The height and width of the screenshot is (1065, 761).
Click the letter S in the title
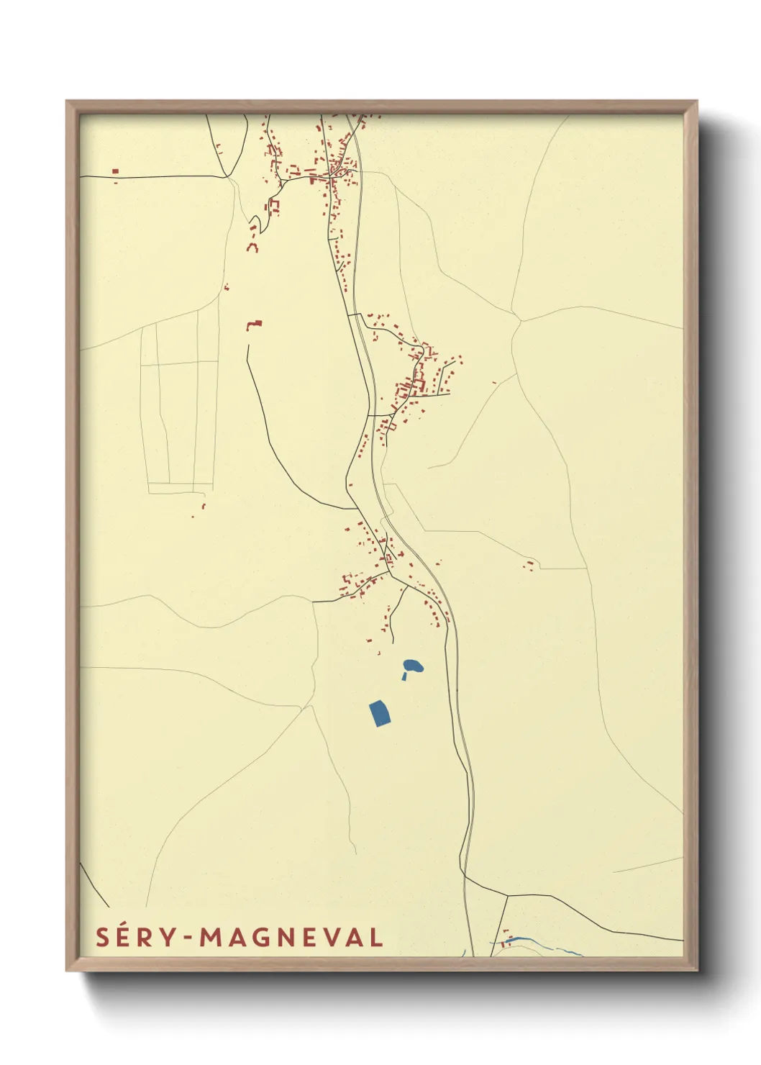tap(102, 938)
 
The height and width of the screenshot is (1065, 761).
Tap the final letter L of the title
tap(375, 938)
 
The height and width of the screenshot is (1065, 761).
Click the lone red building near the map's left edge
tap(115, 171)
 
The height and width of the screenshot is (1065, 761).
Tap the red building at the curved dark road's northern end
tap(254, 325)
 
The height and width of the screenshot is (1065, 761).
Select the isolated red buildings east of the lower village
tap(529, 564)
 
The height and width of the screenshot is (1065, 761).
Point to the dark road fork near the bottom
tap(507, 895)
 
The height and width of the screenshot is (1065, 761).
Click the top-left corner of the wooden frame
tap(67, 101)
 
